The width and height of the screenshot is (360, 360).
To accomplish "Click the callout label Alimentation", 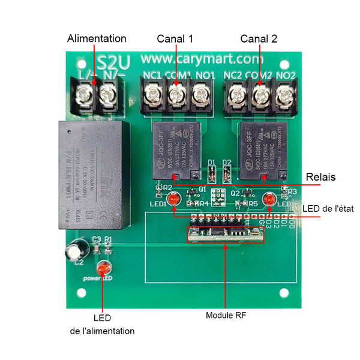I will tap(97, 38).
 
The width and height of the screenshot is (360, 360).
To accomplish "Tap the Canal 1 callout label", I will tap(175, 38).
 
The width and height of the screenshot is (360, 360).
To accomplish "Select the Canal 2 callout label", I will tap(259, 38).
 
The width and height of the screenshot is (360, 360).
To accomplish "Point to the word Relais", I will tap(320, 178).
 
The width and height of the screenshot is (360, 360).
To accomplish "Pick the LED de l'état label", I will tap(328, 208).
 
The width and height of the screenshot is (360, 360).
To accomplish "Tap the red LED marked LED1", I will tap(173, 199).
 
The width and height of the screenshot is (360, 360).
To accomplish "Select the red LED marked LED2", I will tap(268, 197).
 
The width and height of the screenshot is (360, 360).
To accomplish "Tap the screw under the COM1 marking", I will tap(176, 94).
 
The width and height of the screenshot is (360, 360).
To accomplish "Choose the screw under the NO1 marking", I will tap(200, 94).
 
